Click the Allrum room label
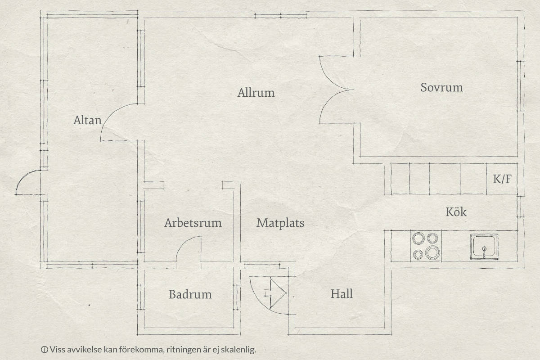[x=256, y=93]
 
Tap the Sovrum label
[x=441, y=88]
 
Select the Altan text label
[x=87, y=120]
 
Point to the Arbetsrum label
[x=193, y=223]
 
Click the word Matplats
[x=280, y=223]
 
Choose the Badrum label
[x=190, y=294]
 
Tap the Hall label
[x=342, y=294]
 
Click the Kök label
[x=456, y=212]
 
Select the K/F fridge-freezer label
[x=502, y=179]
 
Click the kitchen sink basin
[x=484, y=247]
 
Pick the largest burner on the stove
[x=432, y=252]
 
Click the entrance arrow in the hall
[x=275, y=293]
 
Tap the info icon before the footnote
[x=45, y=349]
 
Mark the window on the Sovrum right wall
[x=520, y=86]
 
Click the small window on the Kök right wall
[x=521, y=207]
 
